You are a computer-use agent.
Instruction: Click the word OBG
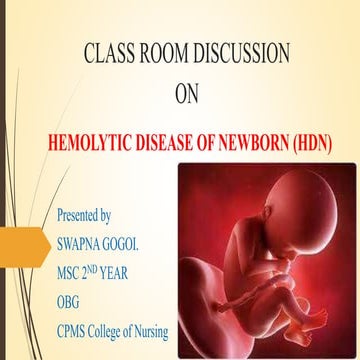pos(71,298)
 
